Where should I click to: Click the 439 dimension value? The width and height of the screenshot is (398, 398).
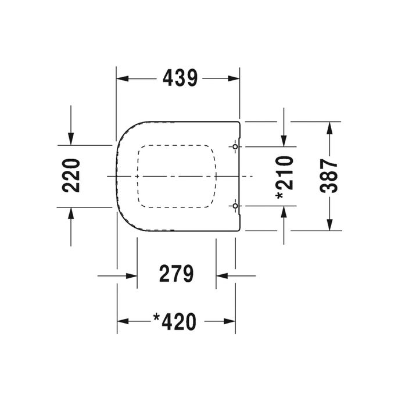[180, 78]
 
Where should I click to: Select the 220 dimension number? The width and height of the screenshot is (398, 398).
[71, 175]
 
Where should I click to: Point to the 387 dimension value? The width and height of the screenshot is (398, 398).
[329, 175]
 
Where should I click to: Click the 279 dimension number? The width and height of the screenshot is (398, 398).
[177, 273]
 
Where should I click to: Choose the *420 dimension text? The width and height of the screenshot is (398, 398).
[175, 321]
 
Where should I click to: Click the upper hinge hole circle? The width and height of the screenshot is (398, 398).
[235, 146]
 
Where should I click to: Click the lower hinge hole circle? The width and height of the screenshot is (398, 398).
[235, 206]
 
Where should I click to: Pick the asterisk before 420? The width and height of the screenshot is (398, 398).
[156, 317]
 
